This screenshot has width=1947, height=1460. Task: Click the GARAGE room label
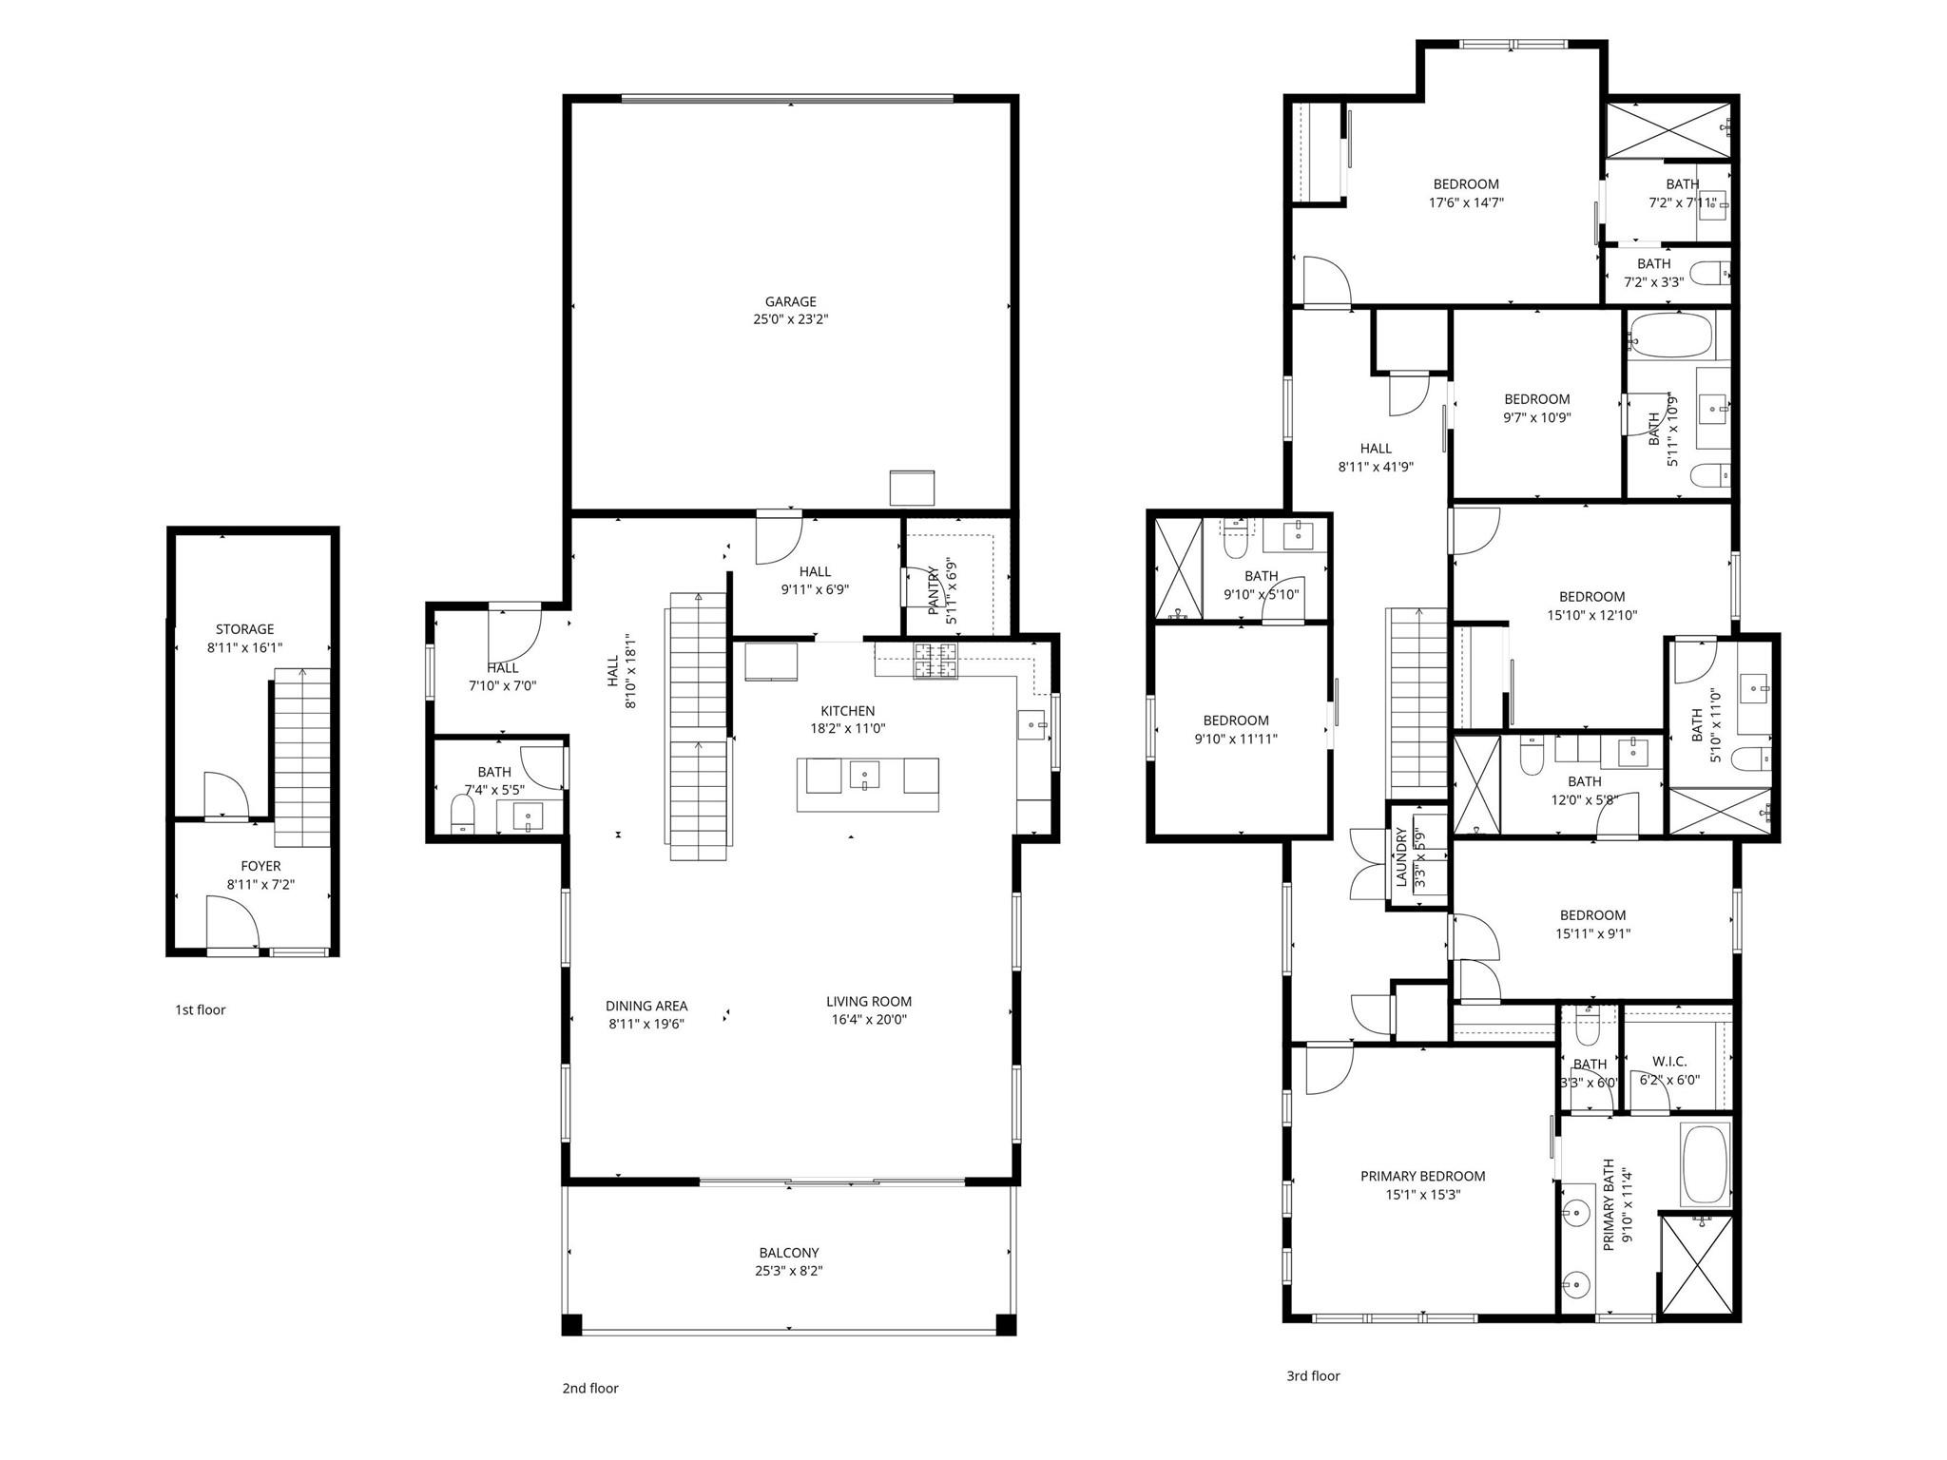[790, 301]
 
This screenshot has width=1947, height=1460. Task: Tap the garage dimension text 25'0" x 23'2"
[790, 320]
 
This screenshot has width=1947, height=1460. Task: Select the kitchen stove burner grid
[936, 661]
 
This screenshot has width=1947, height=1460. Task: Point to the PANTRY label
[934, 590]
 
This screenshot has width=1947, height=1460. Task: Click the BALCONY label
[788, 1253]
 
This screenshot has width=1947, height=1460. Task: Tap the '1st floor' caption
[201, 1009]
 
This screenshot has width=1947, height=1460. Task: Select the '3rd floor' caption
[1313, 1375]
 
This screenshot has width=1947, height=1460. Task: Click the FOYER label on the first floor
[260, 866]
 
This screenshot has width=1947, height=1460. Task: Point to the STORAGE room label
[244, 629]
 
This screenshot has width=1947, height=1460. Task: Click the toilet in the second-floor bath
[462, 814]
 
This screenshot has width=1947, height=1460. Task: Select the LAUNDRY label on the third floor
[1401, 856]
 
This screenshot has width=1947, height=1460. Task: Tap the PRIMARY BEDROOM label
[1422, 1176]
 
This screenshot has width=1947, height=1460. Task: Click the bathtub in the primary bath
[1706, 1166]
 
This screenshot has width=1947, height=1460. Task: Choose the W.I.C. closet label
[1669, 1062]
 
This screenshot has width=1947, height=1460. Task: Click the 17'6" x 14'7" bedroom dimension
[1466, 202]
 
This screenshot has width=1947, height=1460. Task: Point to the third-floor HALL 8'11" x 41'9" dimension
[1375, 467]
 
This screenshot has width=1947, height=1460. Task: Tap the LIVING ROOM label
[868, 1001]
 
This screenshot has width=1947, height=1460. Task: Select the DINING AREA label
[646, 1006]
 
